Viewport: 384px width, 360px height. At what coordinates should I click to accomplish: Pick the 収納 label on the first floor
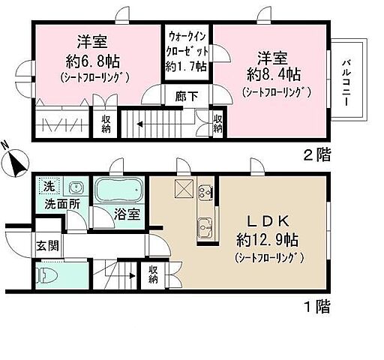[154, 275]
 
